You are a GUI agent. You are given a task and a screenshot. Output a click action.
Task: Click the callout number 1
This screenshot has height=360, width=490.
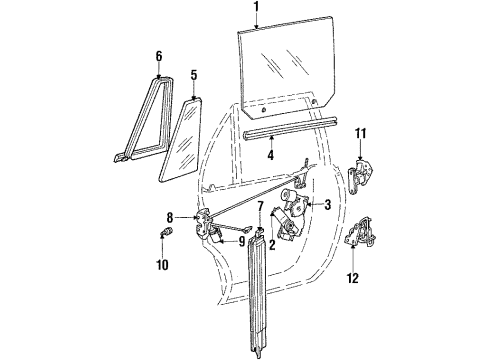(x=256, y=7)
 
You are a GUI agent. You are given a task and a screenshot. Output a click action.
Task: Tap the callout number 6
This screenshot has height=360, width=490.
(x=159, y=56)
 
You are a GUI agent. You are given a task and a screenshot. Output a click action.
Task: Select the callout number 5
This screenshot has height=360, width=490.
(x=194, y=75)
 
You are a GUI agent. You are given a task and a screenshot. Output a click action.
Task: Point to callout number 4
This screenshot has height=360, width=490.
(x=271, y=155)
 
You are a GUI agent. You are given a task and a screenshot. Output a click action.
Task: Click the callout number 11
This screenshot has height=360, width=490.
(x=360, y=134)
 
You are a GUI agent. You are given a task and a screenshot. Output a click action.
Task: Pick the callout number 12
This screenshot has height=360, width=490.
(x=353, y=278)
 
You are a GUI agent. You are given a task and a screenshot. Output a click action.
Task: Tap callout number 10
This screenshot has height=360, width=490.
(x=162, y=265)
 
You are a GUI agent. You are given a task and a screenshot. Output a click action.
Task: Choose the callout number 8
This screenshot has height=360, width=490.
(x=170, y=218)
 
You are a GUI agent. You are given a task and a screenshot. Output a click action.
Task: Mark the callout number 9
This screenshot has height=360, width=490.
(x=241, y=242)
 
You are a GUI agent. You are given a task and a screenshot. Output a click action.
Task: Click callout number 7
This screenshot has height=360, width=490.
(x=260, y=207)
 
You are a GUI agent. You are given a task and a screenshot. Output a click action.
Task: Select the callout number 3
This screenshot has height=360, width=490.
(x=327, y=205)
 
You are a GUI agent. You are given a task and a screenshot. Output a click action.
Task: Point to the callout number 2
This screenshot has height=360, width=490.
(x=272, y=245)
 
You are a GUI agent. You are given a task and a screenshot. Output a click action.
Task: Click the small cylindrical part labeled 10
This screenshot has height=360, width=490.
(x=166, y=231)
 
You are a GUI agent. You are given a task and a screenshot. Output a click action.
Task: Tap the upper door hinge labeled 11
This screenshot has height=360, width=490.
(x=359, y=176)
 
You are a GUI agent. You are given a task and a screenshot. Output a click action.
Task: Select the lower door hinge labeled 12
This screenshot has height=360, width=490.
(x=360, y=232)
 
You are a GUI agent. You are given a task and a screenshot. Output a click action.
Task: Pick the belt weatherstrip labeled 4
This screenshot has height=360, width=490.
(x=291, y=126)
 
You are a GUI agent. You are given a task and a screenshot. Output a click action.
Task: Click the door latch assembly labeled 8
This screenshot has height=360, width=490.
(x=203, y=224)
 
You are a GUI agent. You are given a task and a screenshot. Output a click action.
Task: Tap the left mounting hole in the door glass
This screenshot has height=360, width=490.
(x=263, y=110)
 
